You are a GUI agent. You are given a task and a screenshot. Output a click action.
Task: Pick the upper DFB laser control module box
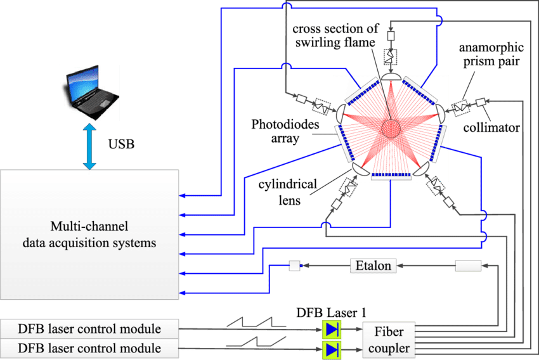point(89,329)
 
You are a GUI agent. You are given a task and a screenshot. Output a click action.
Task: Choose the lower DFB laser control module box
point(89,348)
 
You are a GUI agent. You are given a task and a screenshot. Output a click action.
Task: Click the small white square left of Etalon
point(294,266)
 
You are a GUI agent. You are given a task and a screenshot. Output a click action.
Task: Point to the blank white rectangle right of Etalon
point(468,266)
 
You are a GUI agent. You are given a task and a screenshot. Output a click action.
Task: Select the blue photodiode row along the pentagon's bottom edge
point(391,174)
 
